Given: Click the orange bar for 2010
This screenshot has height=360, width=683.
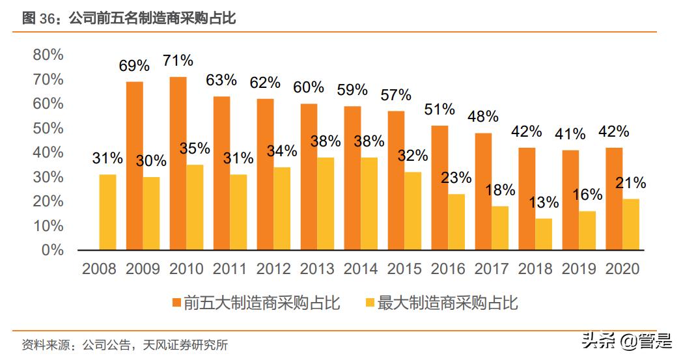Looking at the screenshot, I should click(x=178, y=163).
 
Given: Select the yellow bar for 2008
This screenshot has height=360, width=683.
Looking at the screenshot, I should click(x=107, y=212).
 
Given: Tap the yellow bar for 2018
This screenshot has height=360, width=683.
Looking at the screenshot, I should click(x=544, y=234).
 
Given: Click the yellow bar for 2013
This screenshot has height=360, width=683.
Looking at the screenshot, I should click(x=326, y=204).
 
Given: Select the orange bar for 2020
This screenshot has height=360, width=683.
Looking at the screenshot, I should click(x=614, y=199).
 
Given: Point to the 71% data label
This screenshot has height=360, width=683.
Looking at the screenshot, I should click(x=178, y=61).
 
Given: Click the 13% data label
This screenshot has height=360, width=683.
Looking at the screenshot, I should click(x=544, y=202).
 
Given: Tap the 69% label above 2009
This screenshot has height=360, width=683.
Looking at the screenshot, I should click(x=134, y=65).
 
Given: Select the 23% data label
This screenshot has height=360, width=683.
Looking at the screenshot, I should click(x=456, y=178).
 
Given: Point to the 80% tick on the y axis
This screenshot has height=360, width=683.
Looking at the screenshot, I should click(x=48, y=55).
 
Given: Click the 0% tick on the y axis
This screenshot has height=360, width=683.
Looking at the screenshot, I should click(x=52, y=250).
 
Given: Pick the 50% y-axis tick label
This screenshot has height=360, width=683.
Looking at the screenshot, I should click(x=48, y=128).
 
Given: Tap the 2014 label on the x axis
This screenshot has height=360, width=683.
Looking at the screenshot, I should click(x=360, y=269).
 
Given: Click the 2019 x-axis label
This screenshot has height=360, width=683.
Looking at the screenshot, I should click(x=578, y=269).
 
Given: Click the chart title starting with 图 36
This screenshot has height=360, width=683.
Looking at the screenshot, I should click(x=128, y=18).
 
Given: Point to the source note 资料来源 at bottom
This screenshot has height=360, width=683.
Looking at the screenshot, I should click(x=124, y=345).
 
